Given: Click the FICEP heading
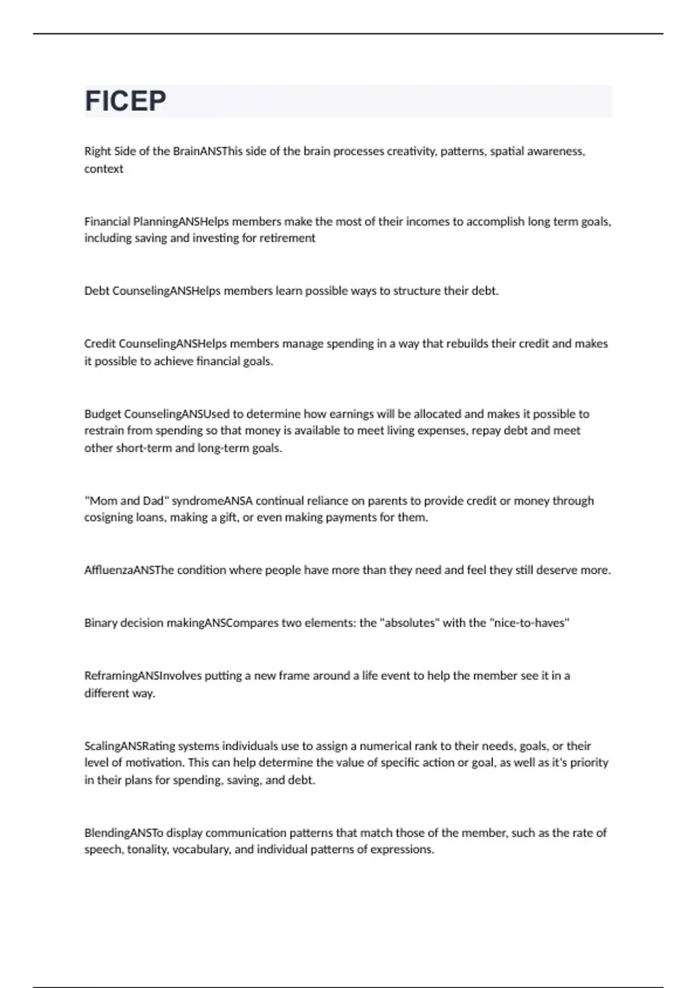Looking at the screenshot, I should pyautogui.click(x=125, y=101).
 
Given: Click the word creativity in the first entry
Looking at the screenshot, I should pyautogui.click(x=411, y=151).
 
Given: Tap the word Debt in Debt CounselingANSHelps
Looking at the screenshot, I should pyautogui.click(x=96, y=291).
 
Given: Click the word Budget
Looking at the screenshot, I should pyautogui.click(x=103, y=414).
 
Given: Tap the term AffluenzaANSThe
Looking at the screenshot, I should pyautogui.click(x=128, y=570).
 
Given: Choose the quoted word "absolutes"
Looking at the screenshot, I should pyautogui.click(x=409, y=623).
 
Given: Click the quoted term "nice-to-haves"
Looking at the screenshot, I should pyautogui.click(x=529, y=623).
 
